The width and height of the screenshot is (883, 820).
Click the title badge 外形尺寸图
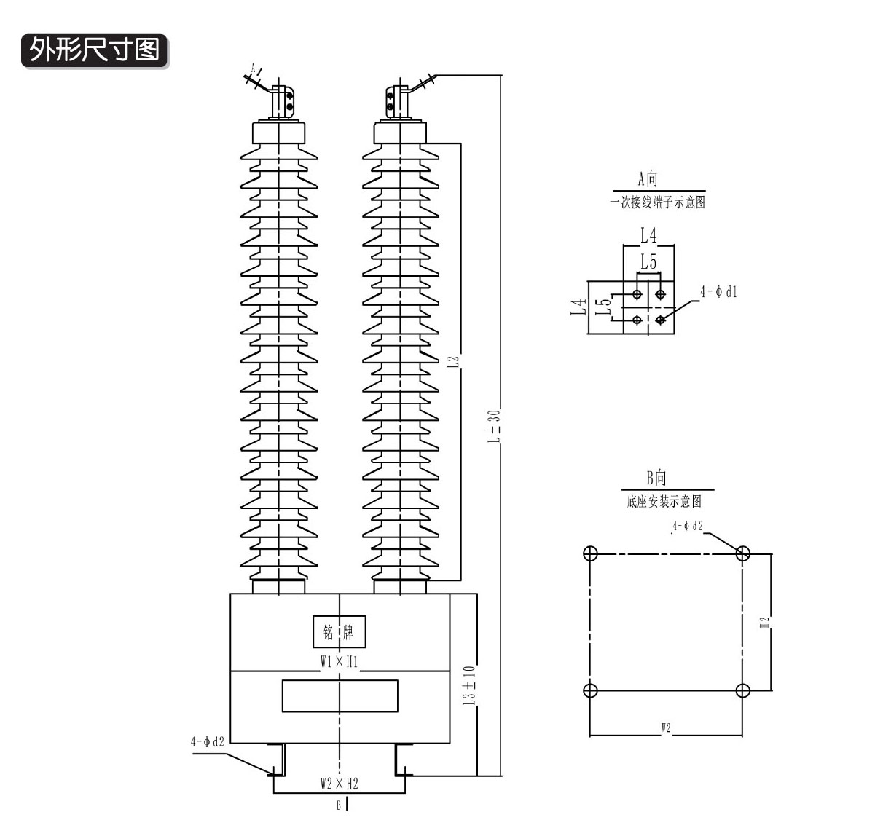click(95, 51)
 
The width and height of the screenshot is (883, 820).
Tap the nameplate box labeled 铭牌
click(340, 631)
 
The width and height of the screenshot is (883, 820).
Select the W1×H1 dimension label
click(340, 662)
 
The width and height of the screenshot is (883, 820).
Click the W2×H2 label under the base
click(340, 784)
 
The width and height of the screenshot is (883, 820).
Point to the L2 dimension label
click(452, 362)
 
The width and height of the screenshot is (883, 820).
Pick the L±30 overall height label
click(494, 426)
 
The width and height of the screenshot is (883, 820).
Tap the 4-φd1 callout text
click(718, 292)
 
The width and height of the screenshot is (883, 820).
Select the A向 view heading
click(648, 179)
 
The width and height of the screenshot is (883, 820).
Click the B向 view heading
click(656, 478)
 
